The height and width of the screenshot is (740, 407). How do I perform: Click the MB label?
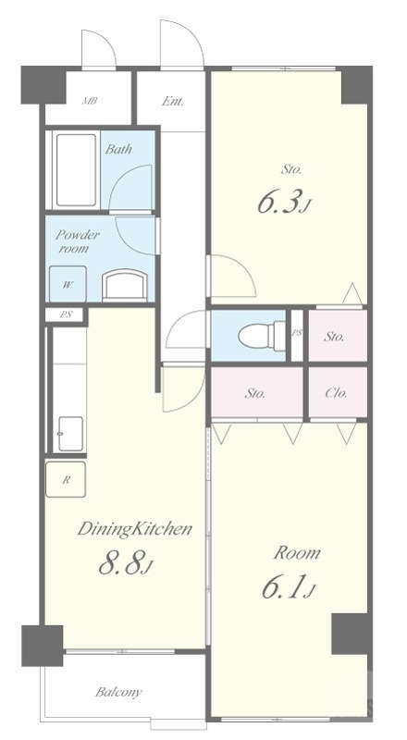pos(89,101)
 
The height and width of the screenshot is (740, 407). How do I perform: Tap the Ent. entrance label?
pos(173,101)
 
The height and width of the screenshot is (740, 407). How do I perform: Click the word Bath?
pos(118,150)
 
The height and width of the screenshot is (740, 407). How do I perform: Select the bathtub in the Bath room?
pos(76,170)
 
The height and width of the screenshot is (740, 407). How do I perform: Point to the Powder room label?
pos(78,241)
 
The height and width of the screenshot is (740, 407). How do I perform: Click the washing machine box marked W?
pos(68,284)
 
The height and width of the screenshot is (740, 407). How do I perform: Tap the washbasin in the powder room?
pos(123,285)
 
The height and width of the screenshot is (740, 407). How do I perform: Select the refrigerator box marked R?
pos(66,479)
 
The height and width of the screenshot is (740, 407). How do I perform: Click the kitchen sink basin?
pos(70,434)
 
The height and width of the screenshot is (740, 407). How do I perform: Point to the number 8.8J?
pos(126,564)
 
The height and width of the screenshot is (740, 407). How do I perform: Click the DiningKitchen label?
pos(134,529)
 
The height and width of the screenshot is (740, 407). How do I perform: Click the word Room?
pos(297,552)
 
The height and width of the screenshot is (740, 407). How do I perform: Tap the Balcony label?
pos(118,692)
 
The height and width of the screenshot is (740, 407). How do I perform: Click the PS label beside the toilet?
pos(297,332)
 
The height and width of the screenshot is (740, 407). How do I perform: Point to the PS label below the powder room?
pos(66,314)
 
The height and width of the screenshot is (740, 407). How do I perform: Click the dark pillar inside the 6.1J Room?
pos(350,634)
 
